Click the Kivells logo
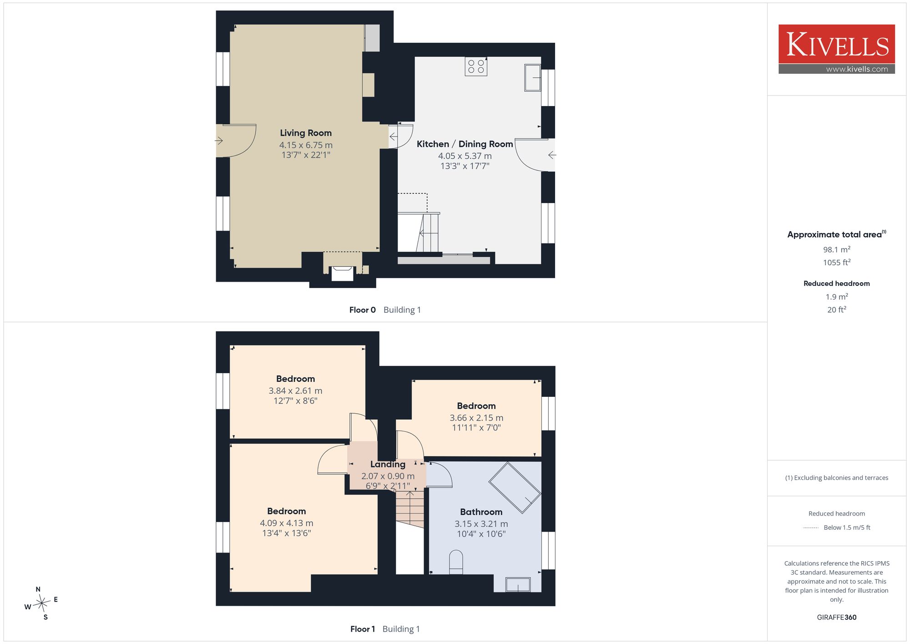[837, 49]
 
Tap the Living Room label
[306, 133]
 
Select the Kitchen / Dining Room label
[465, 144]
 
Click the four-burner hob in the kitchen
[476, 66]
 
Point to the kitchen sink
[533, 78]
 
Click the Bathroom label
[481, 512]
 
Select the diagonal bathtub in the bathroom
[515, 487]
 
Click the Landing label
[388, 464]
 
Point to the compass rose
[41, 603]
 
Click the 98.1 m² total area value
[837, 249]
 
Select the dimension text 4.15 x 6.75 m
[306, 145]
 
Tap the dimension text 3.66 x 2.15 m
[476, 418]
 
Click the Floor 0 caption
[363, 310]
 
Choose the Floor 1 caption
[363, 629]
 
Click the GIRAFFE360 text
[837, 618]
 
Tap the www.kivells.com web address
[857, 69]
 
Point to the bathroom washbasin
[518, 585]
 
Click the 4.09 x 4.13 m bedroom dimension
[287, 523]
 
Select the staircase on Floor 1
[410, 508]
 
